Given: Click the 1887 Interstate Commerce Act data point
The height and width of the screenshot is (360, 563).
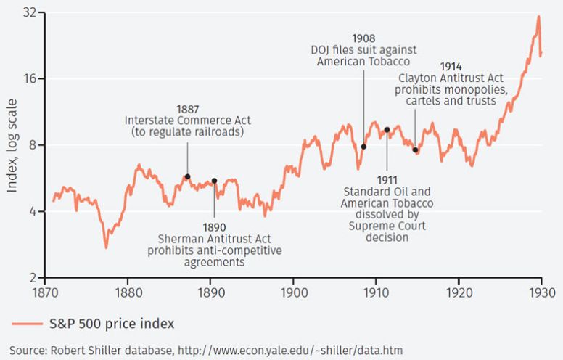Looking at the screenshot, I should pos(187,176).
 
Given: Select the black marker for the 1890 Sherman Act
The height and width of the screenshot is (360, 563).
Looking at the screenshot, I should pos(214,181).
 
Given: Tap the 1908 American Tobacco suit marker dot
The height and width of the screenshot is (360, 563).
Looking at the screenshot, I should pos(363,147).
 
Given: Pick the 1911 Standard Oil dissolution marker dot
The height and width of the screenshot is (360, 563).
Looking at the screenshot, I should pos(387,130).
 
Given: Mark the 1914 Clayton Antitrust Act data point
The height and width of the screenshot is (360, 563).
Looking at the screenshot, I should pos(415,150).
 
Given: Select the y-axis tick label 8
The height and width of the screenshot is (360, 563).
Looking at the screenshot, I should pos(32,145).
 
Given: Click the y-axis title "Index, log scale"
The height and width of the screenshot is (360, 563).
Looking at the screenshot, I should pos(12,146).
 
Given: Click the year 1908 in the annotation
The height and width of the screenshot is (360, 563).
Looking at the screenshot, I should pos(363,37).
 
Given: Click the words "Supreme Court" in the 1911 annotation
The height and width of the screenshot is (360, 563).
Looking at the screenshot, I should pos(387,226).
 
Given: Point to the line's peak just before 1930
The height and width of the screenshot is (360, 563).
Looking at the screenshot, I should pos(538,17).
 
